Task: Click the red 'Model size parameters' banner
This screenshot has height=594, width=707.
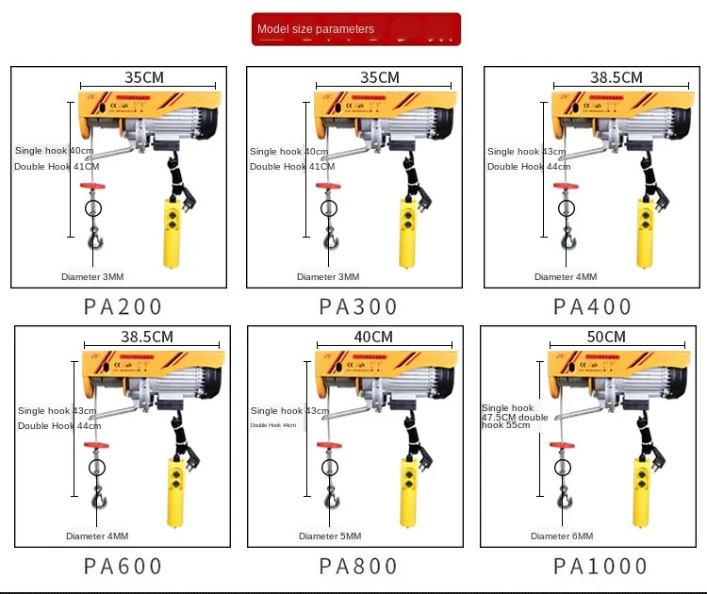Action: click(x=356, y=29)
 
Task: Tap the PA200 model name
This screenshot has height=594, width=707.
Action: click(x=123, y=306)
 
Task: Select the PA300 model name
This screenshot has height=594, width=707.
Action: click(x=358, y=306)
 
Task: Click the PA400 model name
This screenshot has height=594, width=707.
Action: click(x=592, y=306)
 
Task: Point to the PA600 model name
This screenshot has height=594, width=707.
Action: click(x=123, y=566)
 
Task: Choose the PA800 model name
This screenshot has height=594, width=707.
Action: click(x=358, y=566)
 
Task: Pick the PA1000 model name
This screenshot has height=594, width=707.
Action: click(x=600, y=566)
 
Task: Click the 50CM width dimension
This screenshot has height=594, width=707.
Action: click(x=606, y=338)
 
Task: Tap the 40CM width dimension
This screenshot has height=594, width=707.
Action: click(x=373, y=338)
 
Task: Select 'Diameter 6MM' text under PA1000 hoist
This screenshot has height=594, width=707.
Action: click(x=562, y=536)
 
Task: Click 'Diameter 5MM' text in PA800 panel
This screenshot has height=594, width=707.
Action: click(x=330, y=536)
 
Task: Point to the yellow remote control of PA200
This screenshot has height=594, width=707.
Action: click(x=173, y=231)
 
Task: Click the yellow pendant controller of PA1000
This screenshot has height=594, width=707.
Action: click(x=640, y=490)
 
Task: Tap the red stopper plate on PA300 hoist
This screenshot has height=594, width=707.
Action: click(x=327, y=186)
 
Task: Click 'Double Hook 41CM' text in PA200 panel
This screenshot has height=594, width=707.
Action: click(x=54, y=167)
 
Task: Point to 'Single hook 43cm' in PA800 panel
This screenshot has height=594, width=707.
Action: click(x=289, y=411)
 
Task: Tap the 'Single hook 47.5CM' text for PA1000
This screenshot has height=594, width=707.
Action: click(x=509, y=413)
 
